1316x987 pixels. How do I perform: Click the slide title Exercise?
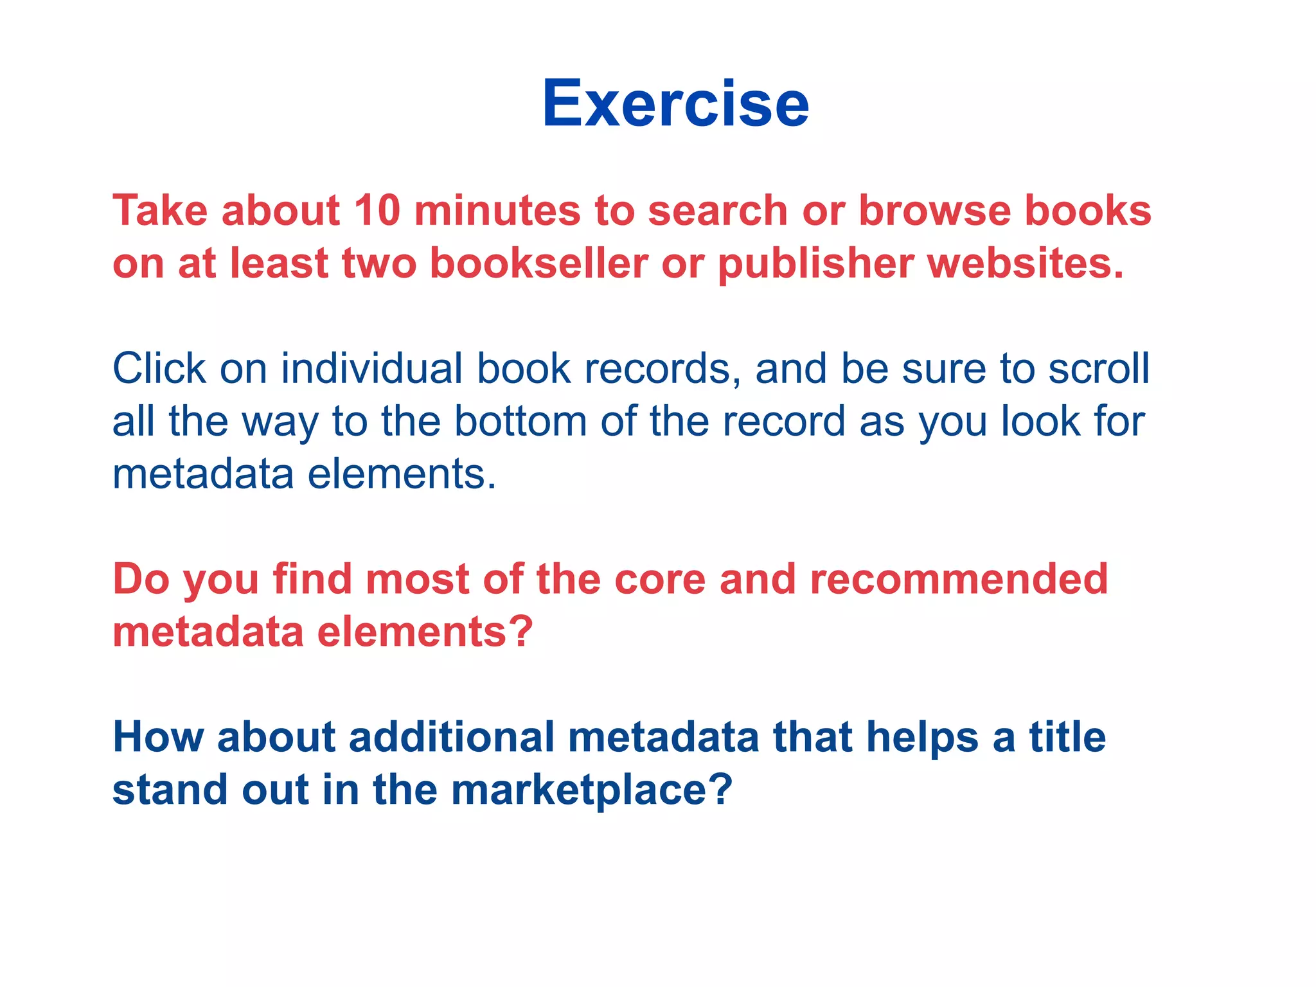(675, 104)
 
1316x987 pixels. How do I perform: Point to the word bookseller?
(538, 263)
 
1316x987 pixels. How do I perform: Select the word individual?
(371, 369)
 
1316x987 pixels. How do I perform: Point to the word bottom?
(520, 422)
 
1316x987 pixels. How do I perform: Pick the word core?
(659, 580)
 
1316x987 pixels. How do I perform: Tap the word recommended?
(958, 580)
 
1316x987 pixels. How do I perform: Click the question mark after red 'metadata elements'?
(522, 632)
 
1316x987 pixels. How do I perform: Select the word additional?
(450, 737)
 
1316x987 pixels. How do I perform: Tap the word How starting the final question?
(157, 737)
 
